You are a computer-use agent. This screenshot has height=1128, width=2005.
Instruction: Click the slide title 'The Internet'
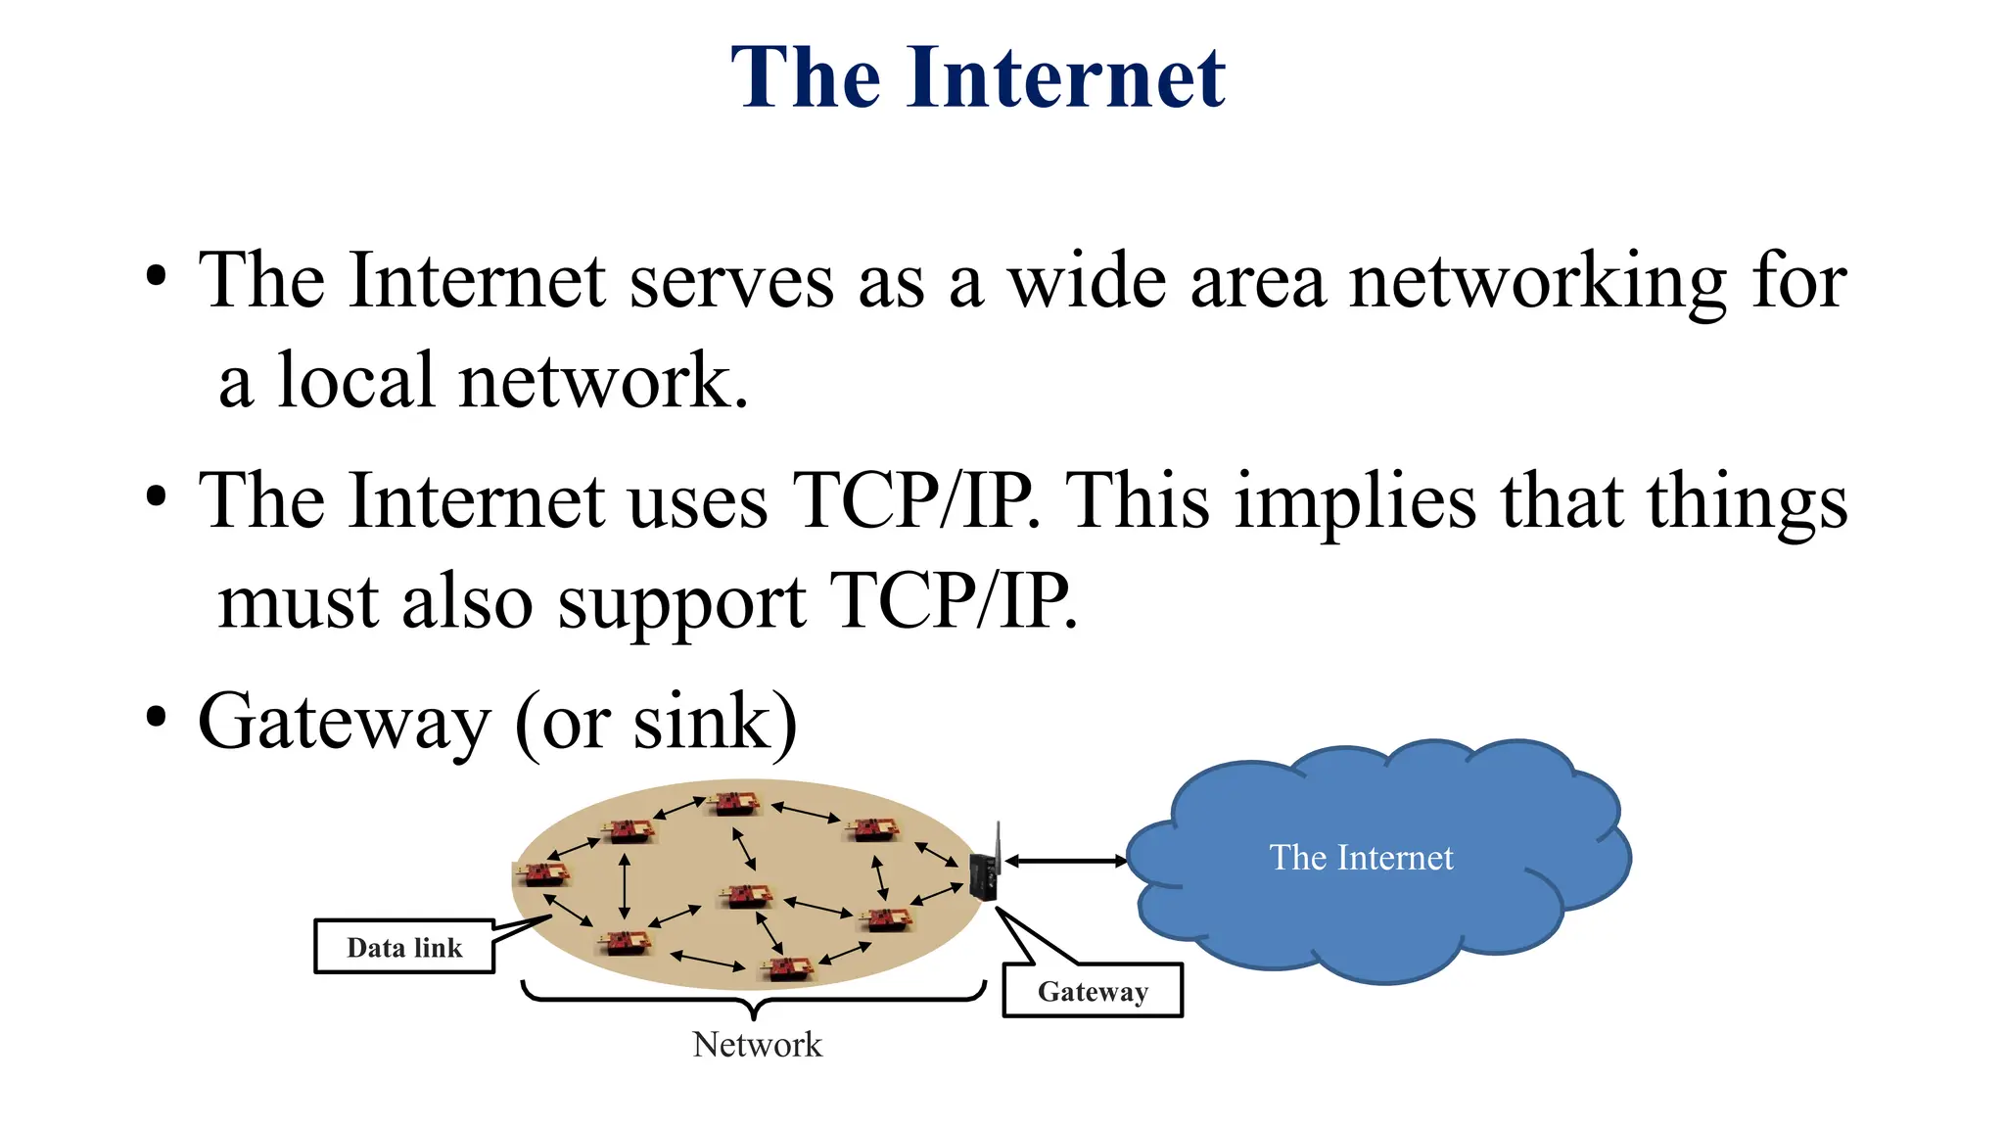pyautogui.click(x=977, y=77)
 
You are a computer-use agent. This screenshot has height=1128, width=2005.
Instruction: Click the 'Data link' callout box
pyautogui.click(x=403, y=947)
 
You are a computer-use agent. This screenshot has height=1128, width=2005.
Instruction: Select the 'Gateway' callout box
pyautogui.click(x=1093, y=991)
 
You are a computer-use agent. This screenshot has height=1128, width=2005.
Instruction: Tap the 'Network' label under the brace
pyautogui.click(x=757, y=1045)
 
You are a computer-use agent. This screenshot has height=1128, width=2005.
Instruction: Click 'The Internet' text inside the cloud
pyautogui.click(x=1361, y=858)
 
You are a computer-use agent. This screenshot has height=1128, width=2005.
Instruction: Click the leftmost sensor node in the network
pyautogui.click(x=542, y=872)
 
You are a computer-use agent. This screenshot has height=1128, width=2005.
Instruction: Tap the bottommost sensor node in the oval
pyautogui.click(x=789, y=968)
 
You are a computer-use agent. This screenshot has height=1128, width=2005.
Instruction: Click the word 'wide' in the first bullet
pyautogui.click(x=1087, y=282)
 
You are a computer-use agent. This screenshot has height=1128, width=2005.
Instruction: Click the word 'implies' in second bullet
pyautogui.click(x=1355, y=501)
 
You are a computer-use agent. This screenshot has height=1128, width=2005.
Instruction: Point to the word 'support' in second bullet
pyautogui.click(x=681, y=602)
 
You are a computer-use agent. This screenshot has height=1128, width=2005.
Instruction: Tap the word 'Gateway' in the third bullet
pyautogui.click(x=343, y=723)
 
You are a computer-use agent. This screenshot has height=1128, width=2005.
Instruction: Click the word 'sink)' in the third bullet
pyautogui.click(x=715, y=723)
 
